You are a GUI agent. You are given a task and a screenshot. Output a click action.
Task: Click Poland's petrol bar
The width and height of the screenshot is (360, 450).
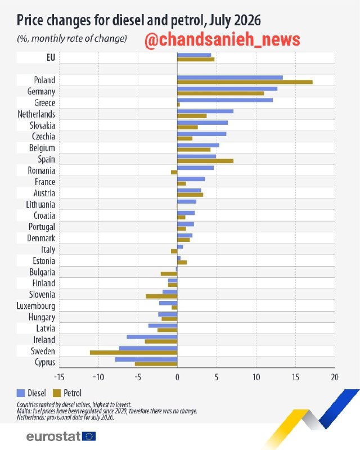click(245, 82)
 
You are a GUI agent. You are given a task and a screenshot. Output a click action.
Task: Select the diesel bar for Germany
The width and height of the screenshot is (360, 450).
click(227, 89)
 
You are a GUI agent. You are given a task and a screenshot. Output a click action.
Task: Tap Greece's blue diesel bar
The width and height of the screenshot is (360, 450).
click(225, 100)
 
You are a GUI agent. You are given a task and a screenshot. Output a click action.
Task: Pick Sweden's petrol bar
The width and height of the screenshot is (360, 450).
click(133, 353)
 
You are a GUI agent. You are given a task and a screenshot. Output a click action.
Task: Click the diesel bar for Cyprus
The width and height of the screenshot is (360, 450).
click(146, 359)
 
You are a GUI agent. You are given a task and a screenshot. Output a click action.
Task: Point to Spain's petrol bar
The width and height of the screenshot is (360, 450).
click(205, 161)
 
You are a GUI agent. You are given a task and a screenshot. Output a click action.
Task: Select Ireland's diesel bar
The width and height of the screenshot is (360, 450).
click(152, 337)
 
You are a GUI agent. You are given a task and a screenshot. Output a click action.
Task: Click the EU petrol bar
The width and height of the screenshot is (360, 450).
click(196, 60)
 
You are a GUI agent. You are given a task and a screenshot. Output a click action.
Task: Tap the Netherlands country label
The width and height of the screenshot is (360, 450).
click(36, 114)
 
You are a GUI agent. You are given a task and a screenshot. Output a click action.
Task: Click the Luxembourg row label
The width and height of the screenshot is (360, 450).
click(36, 306)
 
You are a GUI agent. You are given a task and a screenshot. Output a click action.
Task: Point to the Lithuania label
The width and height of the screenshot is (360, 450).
click(40, 205)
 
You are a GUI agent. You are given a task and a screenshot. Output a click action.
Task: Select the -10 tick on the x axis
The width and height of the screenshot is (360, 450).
click(98, 377)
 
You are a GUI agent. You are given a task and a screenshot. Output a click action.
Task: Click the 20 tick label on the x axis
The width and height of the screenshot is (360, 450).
click(335, 377)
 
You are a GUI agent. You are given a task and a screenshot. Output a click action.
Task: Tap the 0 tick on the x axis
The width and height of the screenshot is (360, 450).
click(177, 377)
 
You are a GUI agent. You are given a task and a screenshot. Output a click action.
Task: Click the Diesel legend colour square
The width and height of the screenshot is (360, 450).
click(21, 393)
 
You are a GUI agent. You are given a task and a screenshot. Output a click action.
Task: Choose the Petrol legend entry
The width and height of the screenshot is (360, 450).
click(67, 393)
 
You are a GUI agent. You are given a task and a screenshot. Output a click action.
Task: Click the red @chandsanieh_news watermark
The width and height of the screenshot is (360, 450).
click(222, 39)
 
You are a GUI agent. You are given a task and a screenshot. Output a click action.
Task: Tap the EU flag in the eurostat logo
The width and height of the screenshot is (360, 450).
click(89, 436)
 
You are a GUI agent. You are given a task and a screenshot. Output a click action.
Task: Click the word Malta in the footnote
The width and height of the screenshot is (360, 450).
click(22, 411)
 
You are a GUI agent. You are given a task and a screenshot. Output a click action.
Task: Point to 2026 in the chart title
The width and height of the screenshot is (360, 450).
click(247, 20)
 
